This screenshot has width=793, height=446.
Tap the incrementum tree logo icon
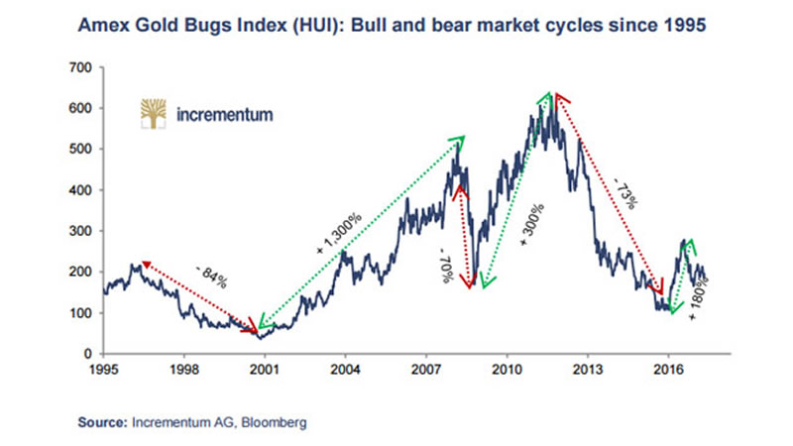click(154, 113)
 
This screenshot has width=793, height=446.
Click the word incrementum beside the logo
click(223, 114)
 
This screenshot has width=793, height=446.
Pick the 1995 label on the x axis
click(103, 369)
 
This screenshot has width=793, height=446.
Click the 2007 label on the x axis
click(426, 369)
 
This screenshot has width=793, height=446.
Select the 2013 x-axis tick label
click(588, 369)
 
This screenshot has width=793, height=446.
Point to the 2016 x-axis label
click(668, 369)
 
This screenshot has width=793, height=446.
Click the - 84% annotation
click(210, 277)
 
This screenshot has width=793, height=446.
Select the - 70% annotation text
click(447, 265)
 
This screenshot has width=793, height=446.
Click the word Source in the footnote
click(102, 422)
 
